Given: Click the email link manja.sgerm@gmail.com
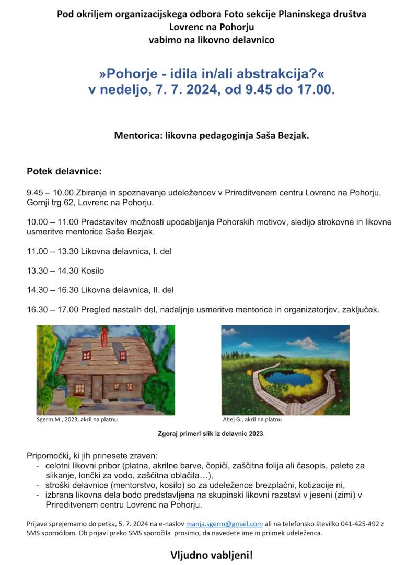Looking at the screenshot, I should (x=224, y=524).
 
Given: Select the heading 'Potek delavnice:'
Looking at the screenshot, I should (x=64, y=171).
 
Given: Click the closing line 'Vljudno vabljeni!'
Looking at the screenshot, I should (x=212, y=554).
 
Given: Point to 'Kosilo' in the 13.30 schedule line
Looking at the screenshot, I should (x=92, y=270).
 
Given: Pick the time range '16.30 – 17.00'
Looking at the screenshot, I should (x=52, y=309).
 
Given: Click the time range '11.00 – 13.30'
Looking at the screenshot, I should (x=52, y=251).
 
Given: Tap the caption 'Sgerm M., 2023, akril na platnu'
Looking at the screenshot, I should (x=77, y=419).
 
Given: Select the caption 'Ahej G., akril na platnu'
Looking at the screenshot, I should (x=252, y=419).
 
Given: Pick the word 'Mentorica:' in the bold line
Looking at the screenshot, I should (x=138, y=136).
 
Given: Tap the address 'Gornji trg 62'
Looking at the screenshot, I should (x=51, y=202).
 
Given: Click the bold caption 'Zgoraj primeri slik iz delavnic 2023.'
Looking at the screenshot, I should (x=211, y=433).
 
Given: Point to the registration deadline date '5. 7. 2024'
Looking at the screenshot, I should (x=131, y=524).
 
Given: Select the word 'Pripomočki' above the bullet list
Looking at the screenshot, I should (x=48, y=455).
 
